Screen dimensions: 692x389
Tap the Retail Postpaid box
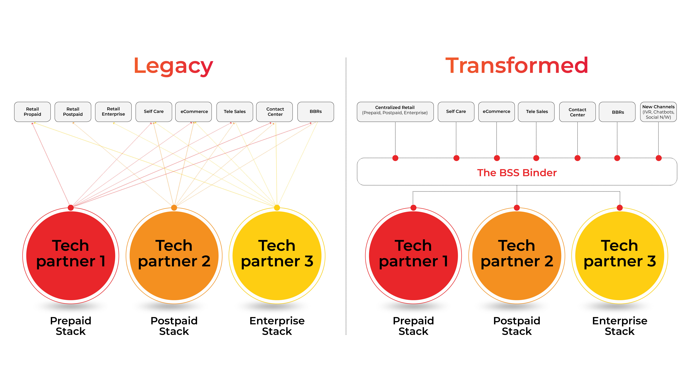[x=73, y=112]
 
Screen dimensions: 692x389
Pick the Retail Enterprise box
[x=113, y=112]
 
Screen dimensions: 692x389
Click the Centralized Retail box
[x=395, y=112]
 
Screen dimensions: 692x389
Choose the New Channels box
[x=658, y=112]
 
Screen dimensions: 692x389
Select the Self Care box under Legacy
[x=154, y=112]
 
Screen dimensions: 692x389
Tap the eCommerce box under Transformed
[x=496, y=112]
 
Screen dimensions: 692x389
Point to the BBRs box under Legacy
[x=316, y=112]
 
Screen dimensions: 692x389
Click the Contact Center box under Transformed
[x=577, y=112]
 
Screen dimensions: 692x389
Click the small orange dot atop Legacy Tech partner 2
[x=174, y=208]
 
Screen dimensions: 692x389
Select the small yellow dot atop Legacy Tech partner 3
[x=277, y=208]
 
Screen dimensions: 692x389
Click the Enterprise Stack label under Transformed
[x=620, y=326]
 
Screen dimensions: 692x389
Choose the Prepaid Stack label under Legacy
[x=71, y=326]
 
